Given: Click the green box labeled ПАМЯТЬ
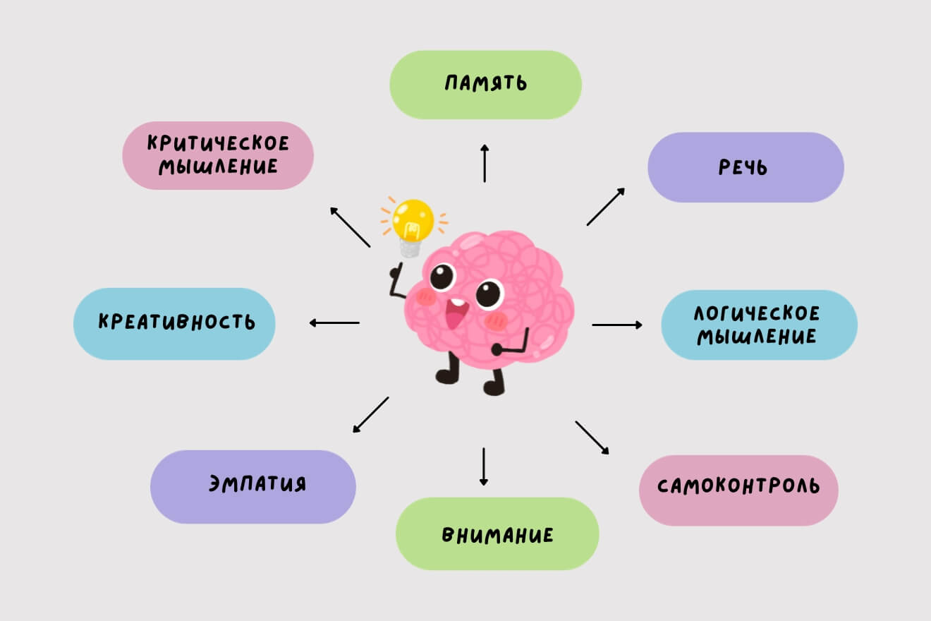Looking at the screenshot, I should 485,85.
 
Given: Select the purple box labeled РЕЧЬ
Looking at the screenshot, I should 746,167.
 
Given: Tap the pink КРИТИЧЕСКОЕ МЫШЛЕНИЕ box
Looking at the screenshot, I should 218,155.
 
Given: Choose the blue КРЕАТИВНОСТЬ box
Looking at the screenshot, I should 174,324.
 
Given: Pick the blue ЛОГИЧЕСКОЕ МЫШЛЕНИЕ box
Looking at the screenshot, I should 759,325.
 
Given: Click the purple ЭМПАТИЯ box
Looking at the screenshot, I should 252,486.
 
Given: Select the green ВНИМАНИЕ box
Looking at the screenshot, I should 497,533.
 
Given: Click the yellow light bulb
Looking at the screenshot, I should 413,220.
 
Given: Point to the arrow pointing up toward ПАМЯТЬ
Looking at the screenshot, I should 485,163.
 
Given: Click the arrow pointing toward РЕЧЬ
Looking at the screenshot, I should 606,207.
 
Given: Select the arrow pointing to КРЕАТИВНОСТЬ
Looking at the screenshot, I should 334,323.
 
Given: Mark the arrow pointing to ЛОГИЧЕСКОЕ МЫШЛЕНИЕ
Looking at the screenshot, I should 617,325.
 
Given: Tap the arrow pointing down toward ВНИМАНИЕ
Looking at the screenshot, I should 484,466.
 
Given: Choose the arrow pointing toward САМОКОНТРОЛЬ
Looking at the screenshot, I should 592,438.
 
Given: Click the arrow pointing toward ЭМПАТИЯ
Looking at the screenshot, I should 370,414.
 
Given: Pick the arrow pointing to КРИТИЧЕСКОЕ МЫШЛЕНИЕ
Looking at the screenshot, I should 350,227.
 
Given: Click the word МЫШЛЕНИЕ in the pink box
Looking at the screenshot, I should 218,168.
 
